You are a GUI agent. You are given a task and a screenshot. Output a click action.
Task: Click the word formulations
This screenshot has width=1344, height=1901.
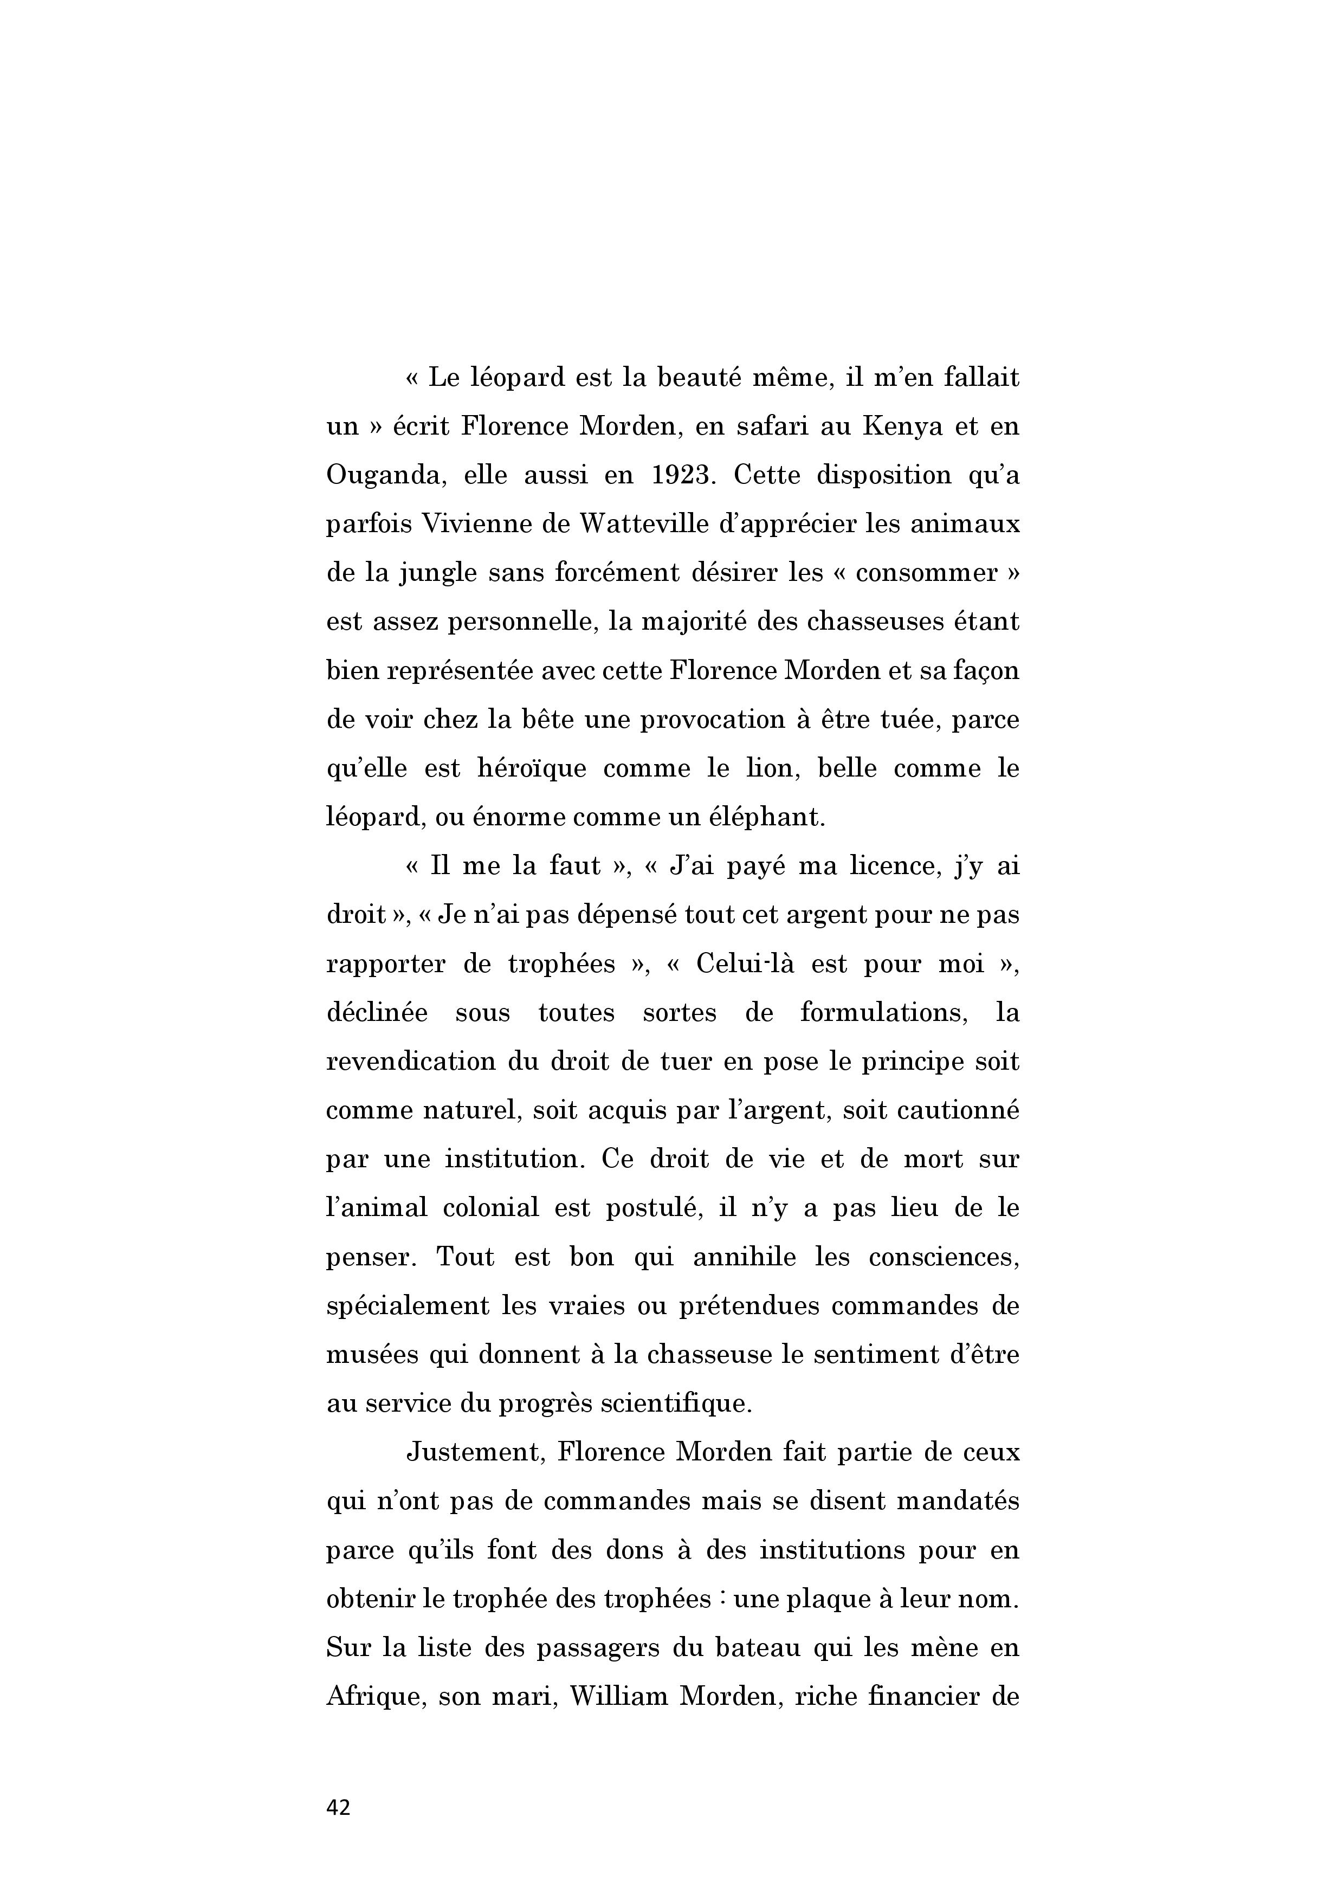click(x=884, y=1013)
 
